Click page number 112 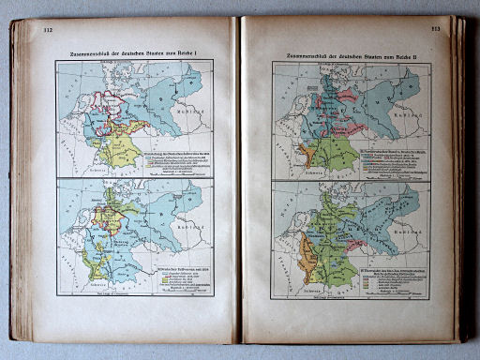47,32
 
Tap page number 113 435,30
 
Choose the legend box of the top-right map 384,159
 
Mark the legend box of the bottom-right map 384,277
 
